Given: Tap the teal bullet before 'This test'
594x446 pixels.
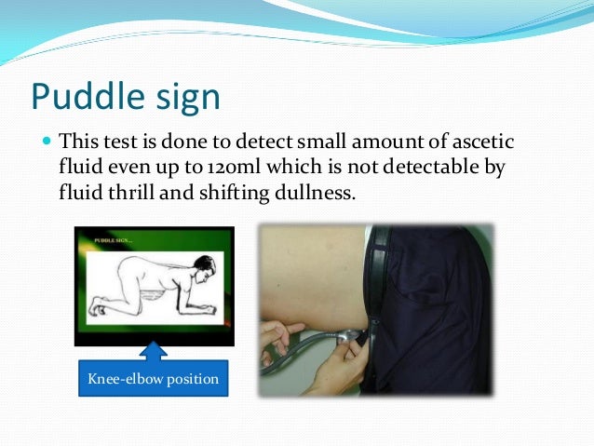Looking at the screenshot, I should pyautogui.click(x=47, y=143).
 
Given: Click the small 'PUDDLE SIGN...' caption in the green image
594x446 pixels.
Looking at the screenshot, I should pyautogui.click(x=115, y=240).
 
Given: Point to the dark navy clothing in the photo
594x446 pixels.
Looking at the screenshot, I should pyautogui.click(x=438, y=307).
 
